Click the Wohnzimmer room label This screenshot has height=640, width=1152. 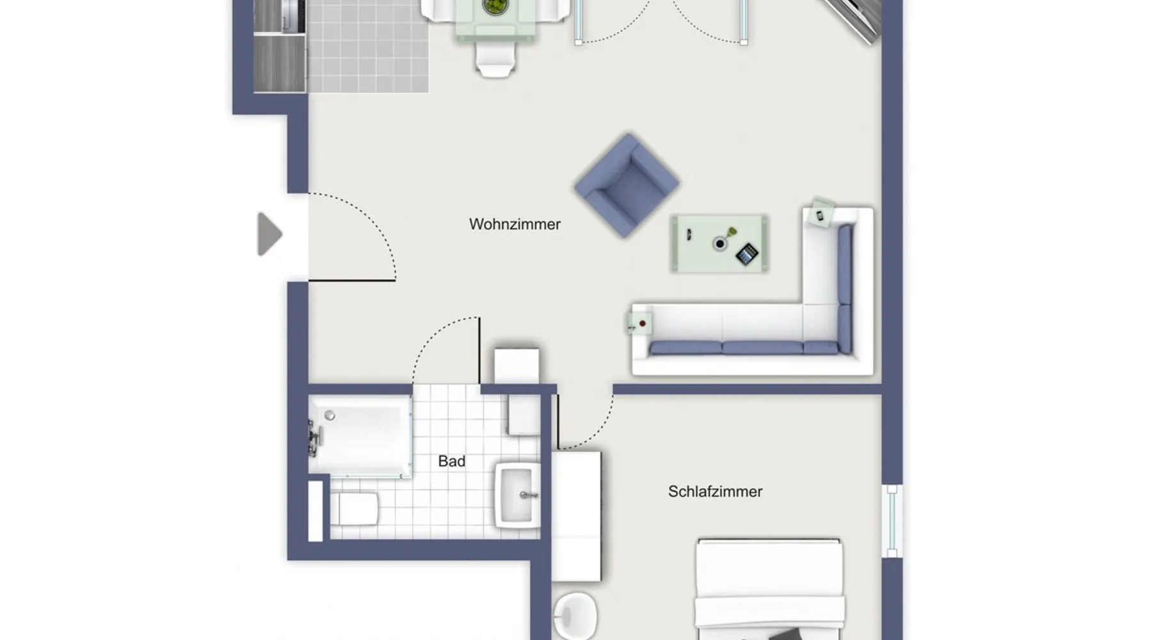[515, 224]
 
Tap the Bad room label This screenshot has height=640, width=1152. [451, 461]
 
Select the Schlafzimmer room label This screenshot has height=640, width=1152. [715, 492]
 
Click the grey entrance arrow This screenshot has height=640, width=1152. [269, 234]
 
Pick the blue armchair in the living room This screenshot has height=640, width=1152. [627, 185]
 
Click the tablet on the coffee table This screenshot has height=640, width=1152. [746, 254]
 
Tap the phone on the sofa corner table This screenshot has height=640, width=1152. [820, 214]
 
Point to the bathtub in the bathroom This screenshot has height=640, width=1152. [360, 436]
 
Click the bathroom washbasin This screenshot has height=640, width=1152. [516, 495]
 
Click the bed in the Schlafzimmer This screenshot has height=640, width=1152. [769, 589]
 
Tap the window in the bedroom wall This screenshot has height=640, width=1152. [892, 521]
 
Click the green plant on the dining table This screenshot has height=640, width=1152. [495, 6]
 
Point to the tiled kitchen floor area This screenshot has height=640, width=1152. [367, 46]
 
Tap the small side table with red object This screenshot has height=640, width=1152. [639, 324]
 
